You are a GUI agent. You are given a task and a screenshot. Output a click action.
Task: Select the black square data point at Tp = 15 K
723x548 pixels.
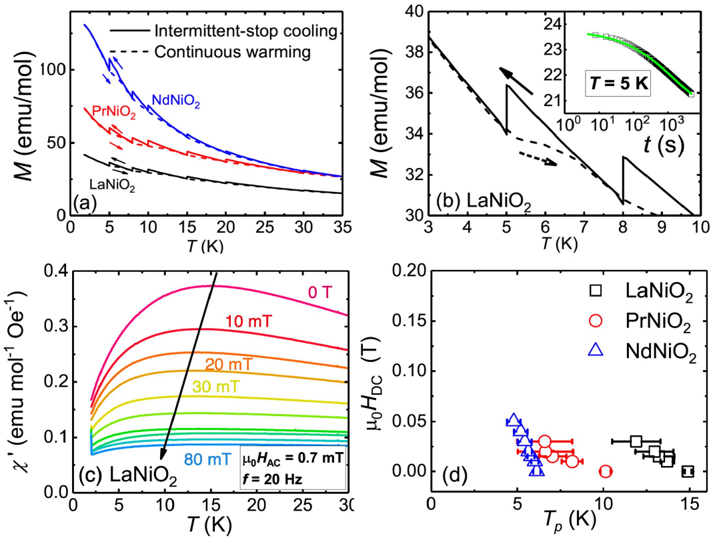pos(688,471)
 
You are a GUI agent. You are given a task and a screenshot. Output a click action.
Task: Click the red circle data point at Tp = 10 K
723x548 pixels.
pos(606,471)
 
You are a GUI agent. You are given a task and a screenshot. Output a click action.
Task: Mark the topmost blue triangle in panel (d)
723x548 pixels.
pos(514,421)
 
